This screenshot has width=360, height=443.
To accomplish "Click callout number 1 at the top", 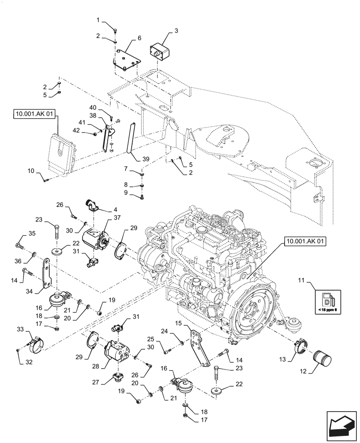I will [x=100, y=20].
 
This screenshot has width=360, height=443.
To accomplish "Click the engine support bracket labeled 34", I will [x=47, y=275].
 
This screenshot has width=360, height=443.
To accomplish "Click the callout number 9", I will [x=126, y=193].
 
